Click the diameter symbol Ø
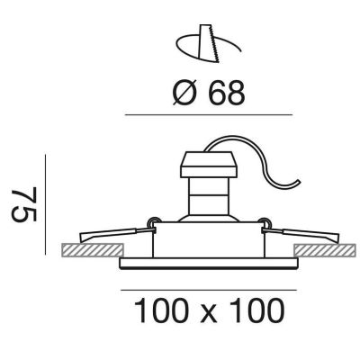click(x=184, y=94)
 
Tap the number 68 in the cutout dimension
click(x=227, y=94)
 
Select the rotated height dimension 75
click(x=24, y=204)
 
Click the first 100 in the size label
click(x=159, y=310)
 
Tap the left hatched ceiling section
click(x=93, y=250)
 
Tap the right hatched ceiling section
click(x=327, y=250)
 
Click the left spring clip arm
click(x=117, y=235)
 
